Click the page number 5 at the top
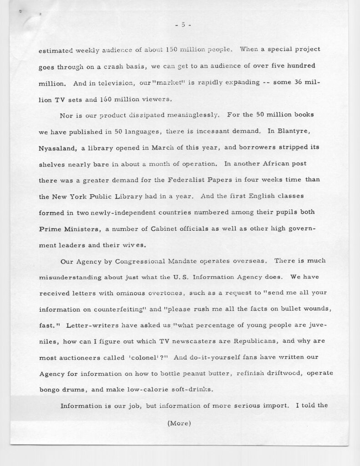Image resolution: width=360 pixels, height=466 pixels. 182,25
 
